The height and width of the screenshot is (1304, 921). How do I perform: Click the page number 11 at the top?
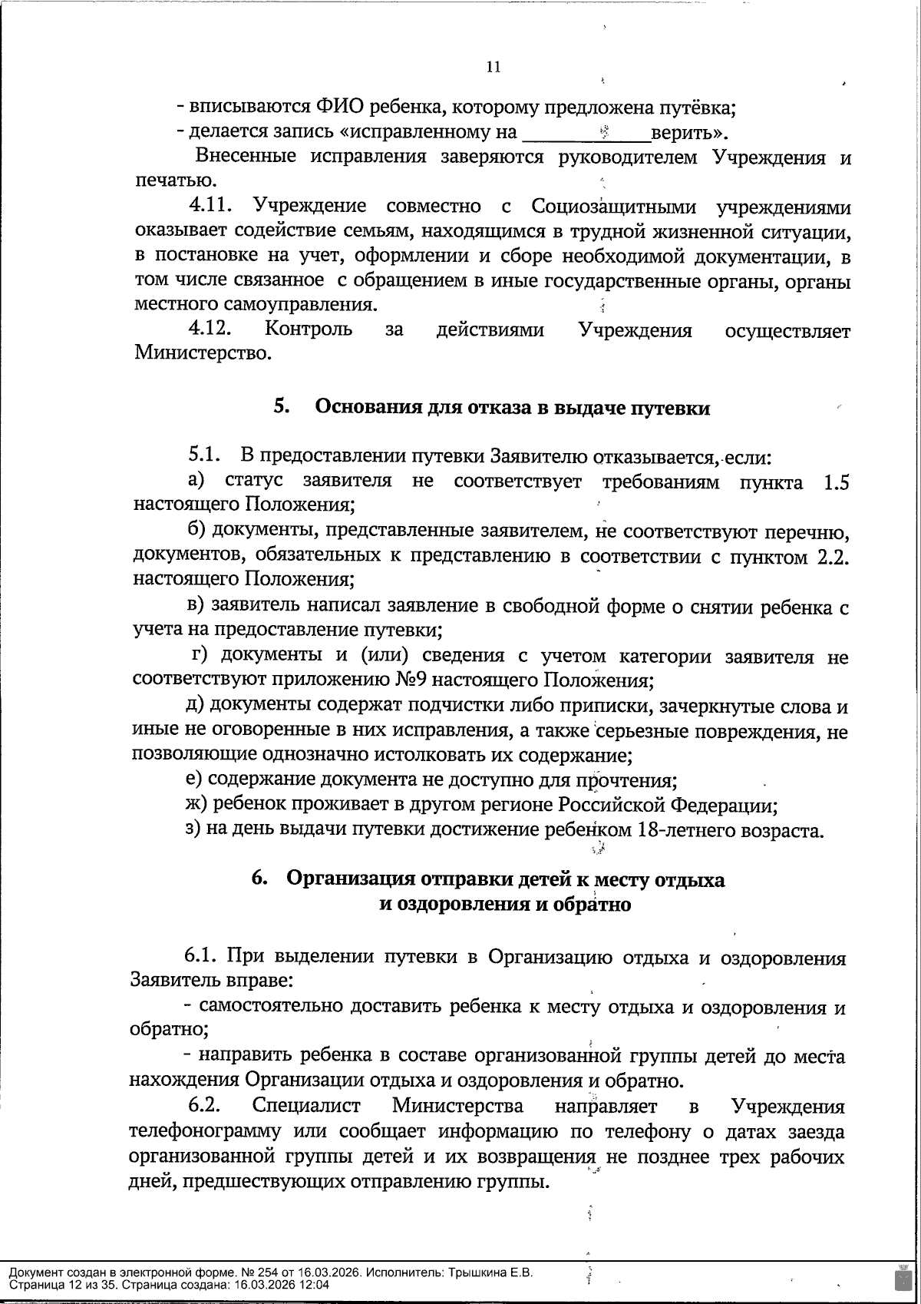(x=494, y=67)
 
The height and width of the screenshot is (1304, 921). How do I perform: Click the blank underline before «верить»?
(x=585, y=134)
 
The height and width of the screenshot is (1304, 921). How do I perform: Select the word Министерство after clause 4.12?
(x=203, y=354)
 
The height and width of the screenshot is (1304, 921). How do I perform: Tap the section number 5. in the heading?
(x=281, y=407)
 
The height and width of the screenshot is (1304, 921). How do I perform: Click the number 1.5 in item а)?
(x=835, y=482)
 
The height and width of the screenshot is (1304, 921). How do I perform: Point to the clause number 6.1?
(x=203, y=958)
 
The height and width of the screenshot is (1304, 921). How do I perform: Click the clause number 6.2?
(x=206, y=1106)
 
